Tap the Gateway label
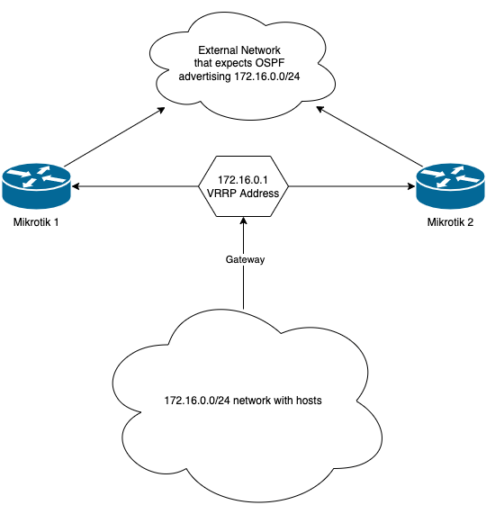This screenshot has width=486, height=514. pyautogui.click(x=246, y=259)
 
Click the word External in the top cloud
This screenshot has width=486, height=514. pyautogui.click(x=218, y=49)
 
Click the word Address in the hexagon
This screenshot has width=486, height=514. pyautogui.click(x=259, y=194)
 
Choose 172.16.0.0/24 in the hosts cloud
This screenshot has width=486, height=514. pyautogui.click(x=196, y=398)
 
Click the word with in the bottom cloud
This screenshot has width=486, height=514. pyautogui.click(x=280, y=398)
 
